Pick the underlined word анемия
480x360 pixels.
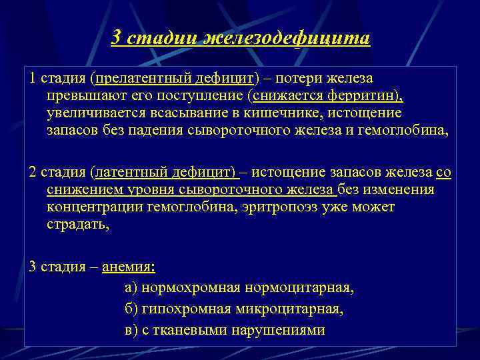128,267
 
